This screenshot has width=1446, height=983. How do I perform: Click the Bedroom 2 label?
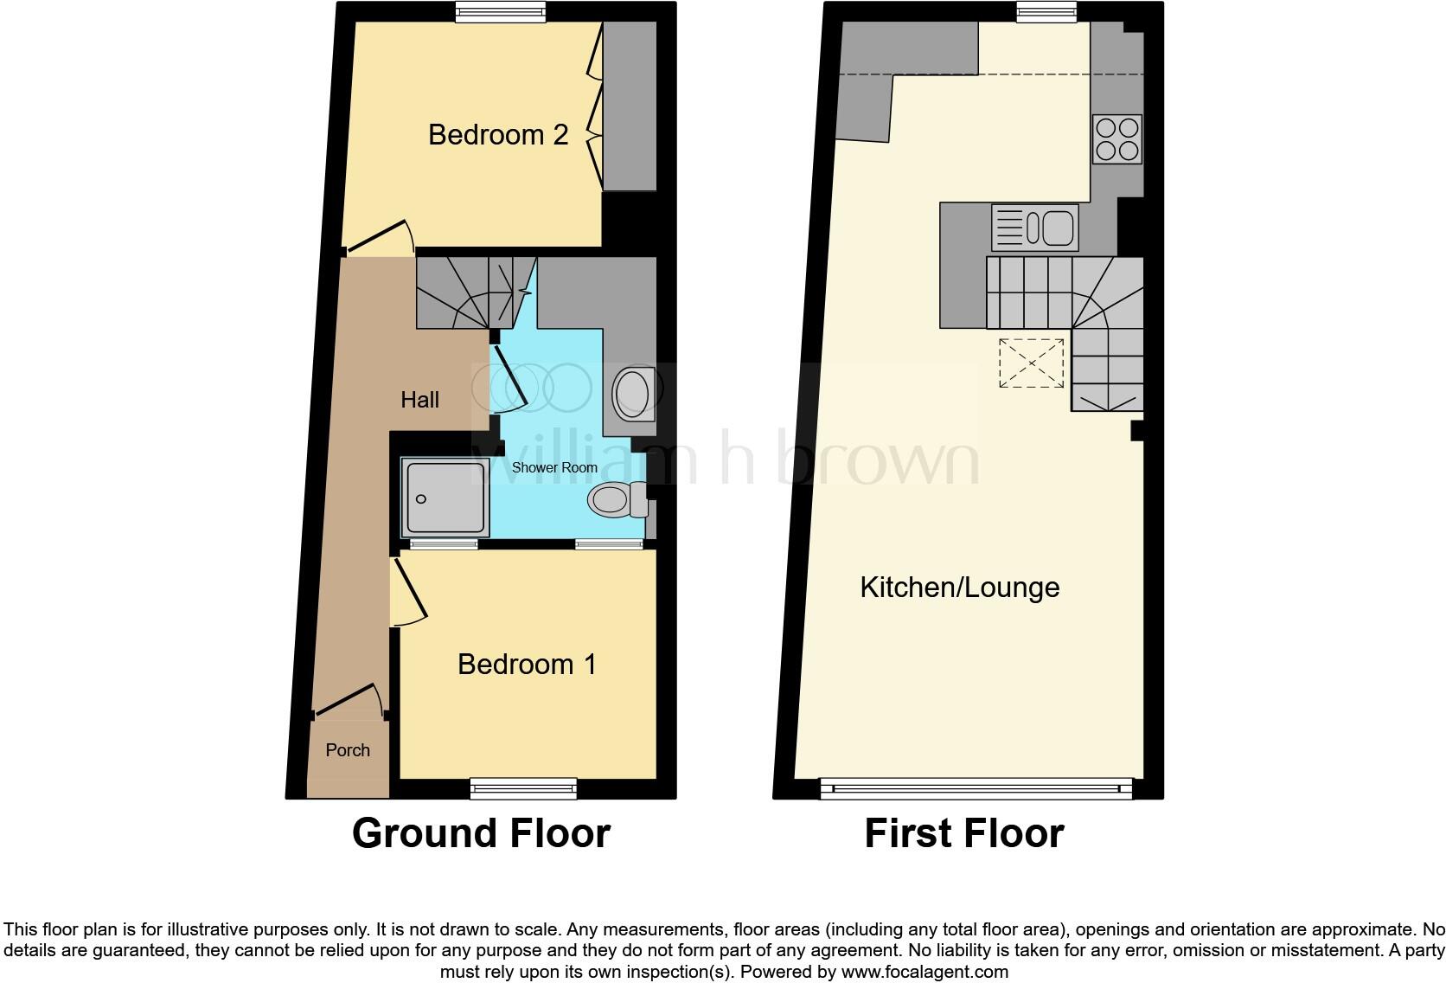(498, 135)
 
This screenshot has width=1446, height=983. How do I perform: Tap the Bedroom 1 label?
(527, 664)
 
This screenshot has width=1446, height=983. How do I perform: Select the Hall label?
(419, 400)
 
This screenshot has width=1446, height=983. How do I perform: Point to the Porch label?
(348, 750)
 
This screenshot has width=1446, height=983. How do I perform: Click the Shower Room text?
(554, 467)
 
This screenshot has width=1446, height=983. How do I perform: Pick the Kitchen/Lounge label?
(959, 588)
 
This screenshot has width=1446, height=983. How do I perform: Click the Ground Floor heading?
(481, 833)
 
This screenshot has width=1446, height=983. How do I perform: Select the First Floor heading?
(963, 833)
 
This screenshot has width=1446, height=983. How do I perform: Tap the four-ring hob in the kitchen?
(1116, 139)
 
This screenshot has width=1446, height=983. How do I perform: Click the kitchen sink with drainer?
(1035, 228)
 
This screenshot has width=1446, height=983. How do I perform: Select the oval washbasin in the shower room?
(632, 394)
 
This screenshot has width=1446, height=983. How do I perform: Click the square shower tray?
(444, 497)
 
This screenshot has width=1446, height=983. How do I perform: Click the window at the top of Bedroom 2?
(501, 11)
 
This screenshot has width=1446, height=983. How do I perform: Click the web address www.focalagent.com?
(924, 972)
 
